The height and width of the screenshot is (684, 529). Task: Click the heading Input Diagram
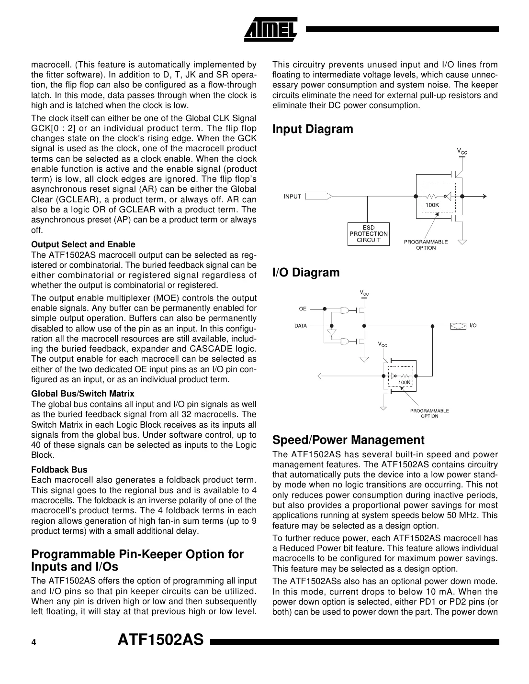click(312, 129)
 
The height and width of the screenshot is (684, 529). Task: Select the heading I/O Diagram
click(305, 273)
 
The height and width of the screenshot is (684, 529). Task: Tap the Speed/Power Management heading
click(348, 440)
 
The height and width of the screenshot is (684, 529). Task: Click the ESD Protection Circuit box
click(368, 234)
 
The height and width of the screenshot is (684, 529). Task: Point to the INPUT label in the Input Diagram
click(293, 197)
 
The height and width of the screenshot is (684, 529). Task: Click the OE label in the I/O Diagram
click(303, 309)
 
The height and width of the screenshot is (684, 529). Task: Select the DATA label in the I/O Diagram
click(301, 326)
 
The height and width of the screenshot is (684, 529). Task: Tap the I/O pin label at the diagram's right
click(473, 326)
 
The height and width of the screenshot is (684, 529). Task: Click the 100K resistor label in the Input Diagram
click(432, 205)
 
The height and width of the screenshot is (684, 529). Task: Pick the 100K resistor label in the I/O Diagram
click(405, 383)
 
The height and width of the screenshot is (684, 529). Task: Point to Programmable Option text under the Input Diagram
click(426, 244)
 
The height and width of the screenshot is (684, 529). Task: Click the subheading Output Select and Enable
click(83, 244)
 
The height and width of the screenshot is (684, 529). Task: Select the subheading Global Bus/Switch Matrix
click(83, 394)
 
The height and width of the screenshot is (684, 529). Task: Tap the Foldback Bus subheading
click(59, 470)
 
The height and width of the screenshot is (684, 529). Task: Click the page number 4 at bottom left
click(34, 643)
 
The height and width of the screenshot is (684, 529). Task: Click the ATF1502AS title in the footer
click(161, 640)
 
